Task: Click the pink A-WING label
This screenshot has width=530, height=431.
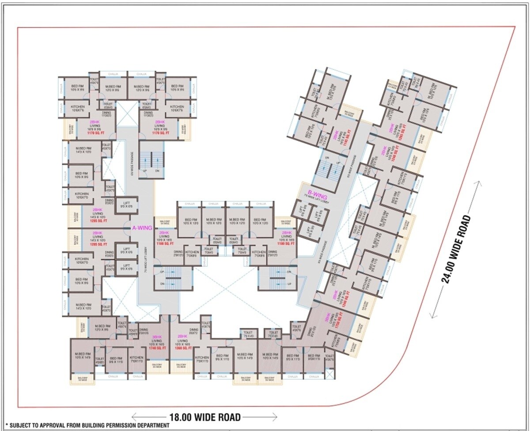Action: tap(142, 228)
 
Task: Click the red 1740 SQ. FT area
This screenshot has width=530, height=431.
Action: tap(158, 348)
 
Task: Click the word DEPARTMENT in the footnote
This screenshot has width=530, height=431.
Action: tap(151, 425)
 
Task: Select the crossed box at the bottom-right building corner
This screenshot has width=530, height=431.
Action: tap(329, 374)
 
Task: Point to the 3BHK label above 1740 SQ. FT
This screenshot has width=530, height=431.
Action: tap(157, 336)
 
